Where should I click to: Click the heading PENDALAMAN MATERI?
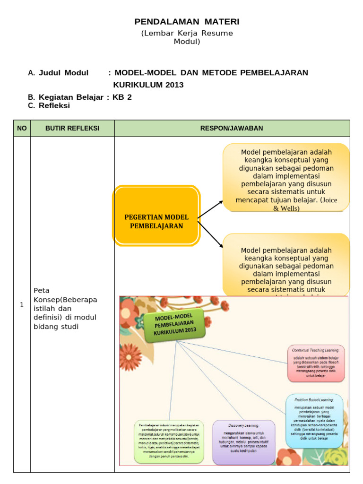[187, 22]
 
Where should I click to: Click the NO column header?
[22, 129]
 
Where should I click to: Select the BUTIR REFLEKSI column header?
[72, 129]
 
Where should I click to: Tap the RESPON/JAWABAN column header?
[232, 129]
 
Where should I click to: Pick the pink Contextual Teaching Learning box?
[316, 363]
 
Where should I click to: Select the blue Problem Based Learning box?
[314, 421]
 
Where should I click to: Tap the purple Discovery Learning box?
[243, 442]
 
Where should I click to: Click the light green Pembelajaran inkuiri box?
[169, 441]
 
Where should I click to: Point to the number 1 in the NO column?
[22, 305]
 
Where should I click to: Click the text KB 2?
[122, 97]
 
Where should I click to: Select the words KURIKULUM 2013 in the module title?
[148, 85]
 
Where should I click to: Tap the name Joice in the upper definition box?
[329, 200]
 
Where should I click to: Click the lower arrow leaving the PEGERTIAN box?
[210, 234]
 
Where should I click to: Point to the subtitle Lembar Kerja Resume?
[187, 33]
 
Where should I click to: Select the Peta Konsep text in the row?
[47, 295]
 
